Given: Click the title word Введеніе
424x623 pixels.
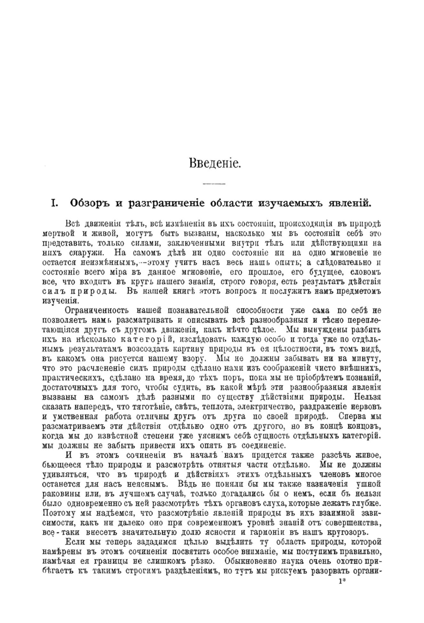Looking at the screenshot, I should [x=215, y=163].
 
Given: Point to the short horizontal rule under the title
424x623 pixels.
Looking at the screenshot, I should [x=214, y=184].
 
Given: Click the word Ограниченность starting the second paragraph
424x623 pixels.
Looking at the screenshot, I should [x=99, y=310].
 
